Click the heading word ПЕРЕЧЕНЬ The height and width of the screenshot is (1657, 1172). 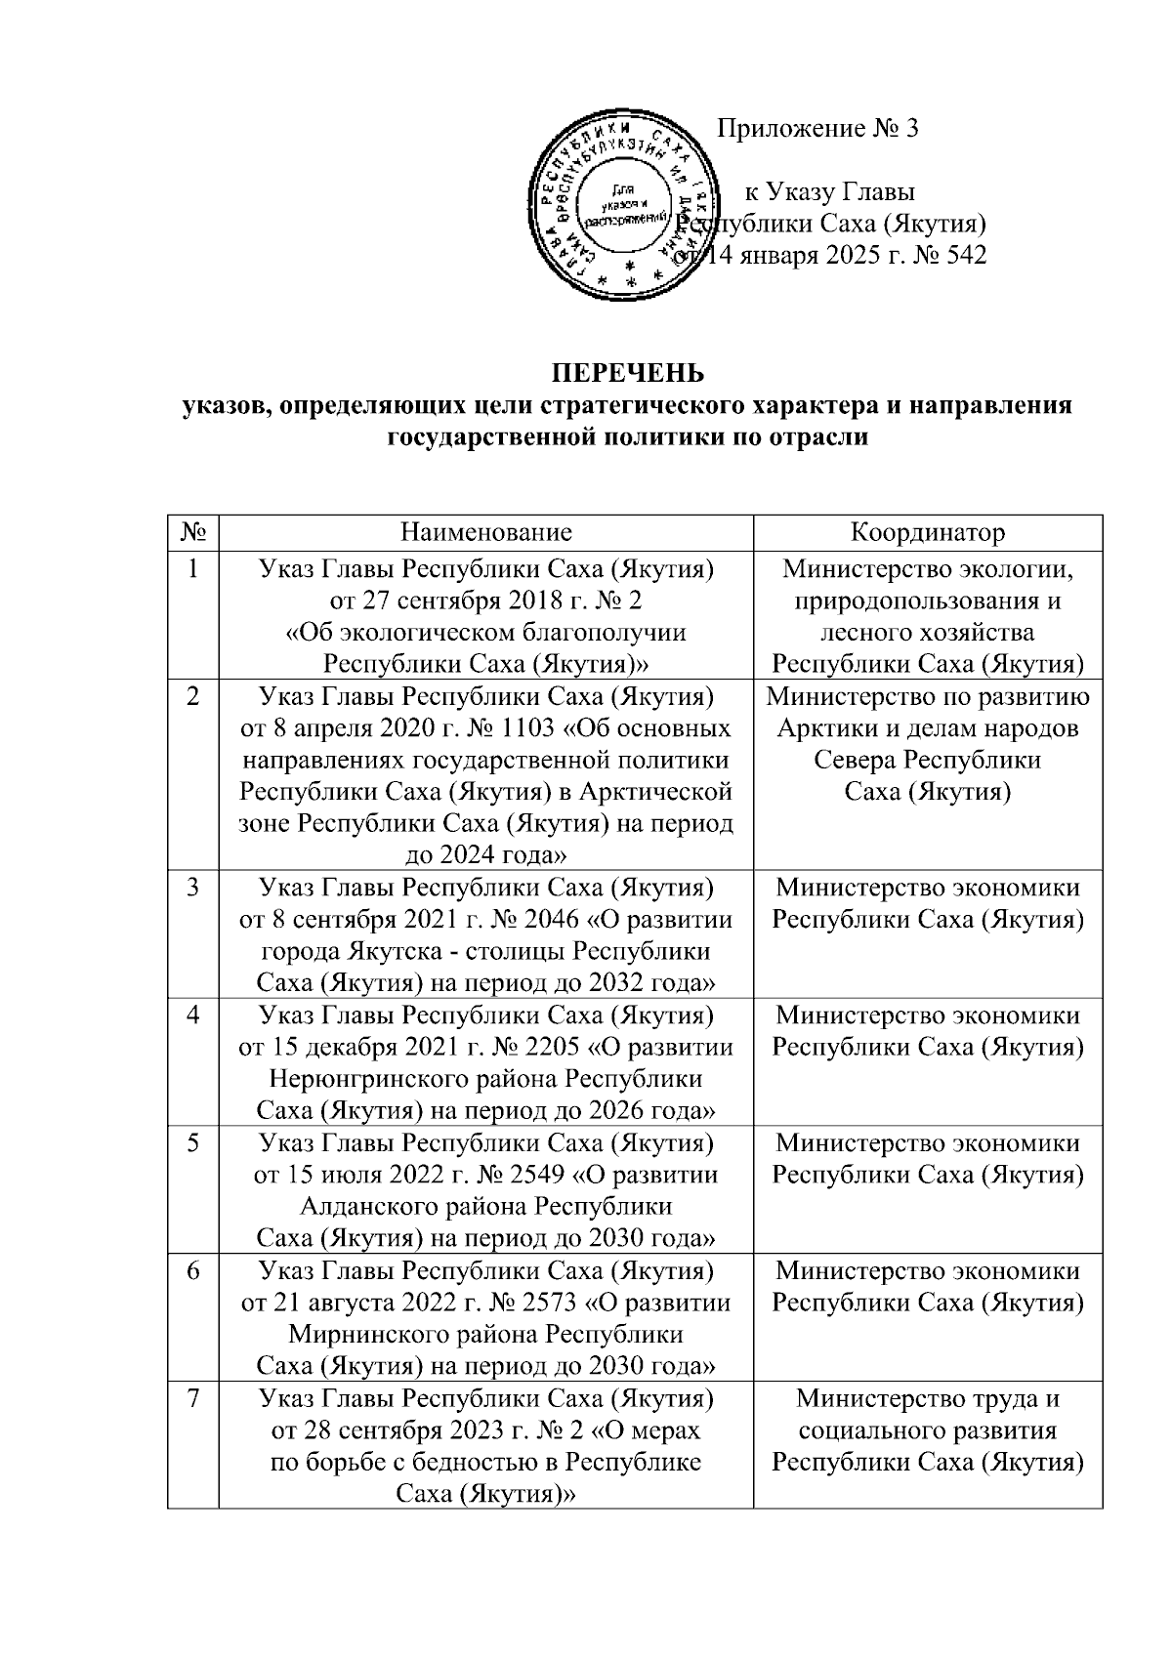pyautogui.click(x=628, y=374)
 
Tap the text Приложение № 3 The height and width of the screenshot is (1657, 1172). pyautogui.click(x=818, y=129)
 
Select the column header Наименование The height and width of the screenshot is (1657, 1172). pyautogui.click(x=485, y=532)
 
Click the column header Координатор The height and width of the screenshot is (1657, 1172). pyautogui.click(x=927, y=532)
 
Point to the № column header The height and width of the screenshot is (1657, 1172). pyautogui.click(x=193, y=532)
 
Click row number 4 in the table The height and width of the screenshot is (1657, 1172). pyautogui.click(x=193, y=1015)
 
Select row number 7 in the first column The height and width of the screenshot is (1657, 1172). pyautogui.click(x=193, y=1399)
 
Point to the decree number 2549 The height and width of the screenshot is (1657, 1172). pyautogui.click(x=541, y=1176)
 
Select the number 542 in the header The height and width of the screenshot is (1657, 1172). pyautogui.click(x=960, y=256)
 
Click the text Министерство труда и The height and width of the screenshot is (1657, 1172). pyautogui.click(x=927, y=1399)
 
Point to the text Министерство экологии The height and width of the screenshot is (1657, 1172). pyautogui.click(x=927, y=568)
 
